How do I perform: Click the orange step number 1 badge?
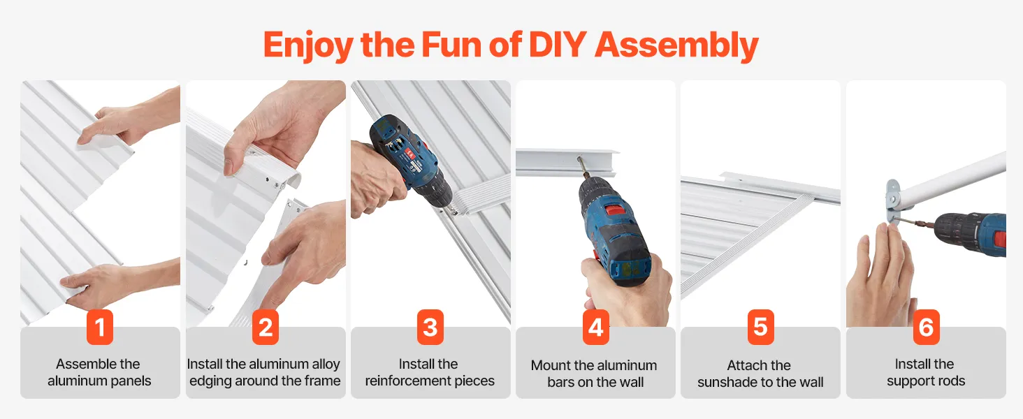(100, 327)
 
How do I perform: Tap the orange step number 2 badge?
(266, 327)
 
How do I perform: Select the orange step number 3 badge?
(430, 327)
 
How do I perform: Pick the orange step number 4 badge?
(595, 327)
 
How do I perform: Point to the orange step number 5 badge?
(760, 327)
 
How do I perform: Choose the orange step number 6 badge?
(926, 327)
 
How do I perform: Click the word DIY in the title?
(558, 45)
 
